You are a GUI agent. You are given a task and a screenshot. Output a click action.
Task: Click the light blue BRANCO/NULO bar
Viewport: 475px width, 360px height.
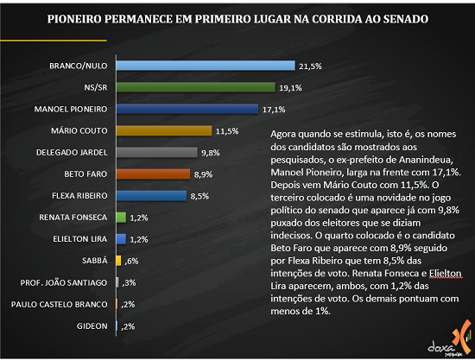(x=206, y=66)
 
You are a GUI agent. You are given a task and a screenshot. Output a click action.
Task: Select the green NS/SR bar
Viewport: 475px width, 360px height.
(x=196, y=87)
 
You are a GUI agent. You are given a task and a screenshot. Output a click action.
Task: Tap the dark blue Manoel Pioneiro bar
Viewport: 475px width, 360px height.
(x=187, y=109)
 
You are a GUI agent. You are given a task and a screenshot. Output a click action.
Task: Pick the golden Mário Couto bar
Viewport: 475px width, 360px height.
(x=164, y=131)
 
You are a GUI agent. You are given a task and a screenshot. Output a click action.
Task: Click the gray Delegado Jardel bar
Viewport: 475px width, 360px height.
(x=157, y=152)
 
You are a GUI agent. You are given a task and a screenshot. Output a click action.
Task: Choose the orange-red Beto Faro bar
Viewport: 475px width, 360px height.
(x=153, y=174)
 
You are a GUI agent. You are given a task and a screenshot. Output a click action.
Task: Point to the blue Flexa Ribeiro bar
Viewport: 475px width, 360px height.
(x=151, y=196)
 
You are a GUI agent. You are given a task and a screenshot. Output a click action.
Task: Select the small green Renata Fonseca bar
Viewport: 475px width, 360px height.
(x=121, y=218)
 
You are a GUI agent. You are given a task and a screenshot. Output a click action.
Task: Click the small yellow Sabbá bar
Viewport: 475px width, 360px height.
(x=119, y=261)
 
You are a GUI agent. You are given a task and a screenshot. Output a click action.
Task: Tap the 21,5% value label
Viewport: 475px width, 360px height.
(x=310, y=66)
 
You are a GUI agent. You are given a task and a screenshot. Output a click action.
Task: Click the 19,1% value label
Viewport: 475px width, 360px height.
(x=290, y=88)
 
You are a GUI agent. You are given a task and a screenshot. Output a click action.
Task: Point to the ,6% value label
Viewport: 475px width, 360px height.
(x=131, y=262)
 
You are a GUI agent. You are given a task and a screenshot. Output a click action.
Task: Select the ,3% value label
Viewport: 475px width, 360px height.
(x=129, y=283)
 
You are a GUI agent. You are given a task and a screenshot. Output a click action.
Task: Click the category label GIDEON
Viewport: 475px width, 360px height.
(x=92, y=326)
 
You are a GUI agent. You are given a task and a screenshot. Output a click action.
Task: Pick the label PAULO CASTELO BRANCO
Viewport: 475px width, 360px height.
(x=60, y=304)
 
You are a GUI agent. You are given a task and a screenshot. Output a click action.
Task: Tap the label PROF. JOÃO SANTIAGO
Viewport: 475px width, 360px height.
(x=64, y=283)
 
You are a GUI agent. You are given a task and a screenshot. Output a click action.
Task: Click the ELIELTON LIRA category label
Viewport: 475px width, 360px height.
(x=80, y=239)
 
